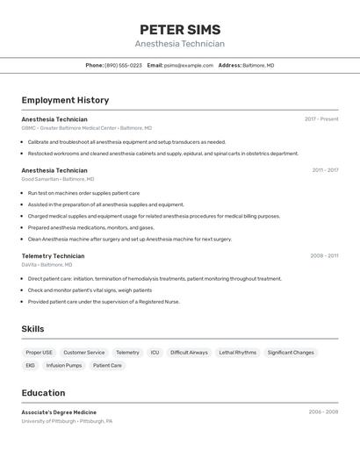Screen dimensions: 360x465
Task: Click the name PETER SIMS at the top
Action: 180,30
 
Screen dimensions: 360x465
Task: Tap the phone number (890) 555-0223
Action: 123,65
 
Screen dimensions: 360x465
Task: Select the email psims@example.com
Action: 189,65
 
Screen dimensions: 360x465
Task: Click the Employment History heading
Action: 65,100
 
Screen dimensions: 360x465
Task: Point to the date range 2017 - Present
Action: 321,118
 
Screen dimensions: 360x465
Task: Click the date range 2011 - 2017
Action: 325,169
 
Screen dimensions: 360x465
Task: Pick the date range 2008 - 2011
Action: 324,255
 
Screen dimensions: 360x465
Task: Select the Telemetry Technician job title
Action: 53,256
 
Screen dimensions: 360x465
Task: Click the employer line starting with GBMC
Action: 86,128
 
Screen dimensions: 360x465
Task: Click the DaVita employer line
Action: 47,265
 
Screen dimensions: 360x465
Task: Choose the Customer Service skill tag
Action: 83,353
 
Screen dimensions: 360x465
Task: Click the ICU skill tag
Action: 155,353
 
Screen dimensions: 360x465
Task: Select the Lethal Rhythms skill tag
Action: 237,353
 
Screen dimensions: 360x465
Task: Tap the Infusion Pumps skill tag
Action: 64,365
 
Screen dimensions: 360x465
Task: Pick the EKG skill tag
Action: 30,365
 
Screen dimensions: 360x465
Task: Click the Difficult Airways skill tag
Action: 189,353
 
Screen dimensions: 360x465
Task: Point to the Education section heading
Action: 43,393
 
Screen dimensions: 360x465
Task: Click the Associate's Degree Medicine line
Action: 59,411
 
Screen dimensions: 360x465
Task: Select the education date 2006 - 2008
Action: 323,411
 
